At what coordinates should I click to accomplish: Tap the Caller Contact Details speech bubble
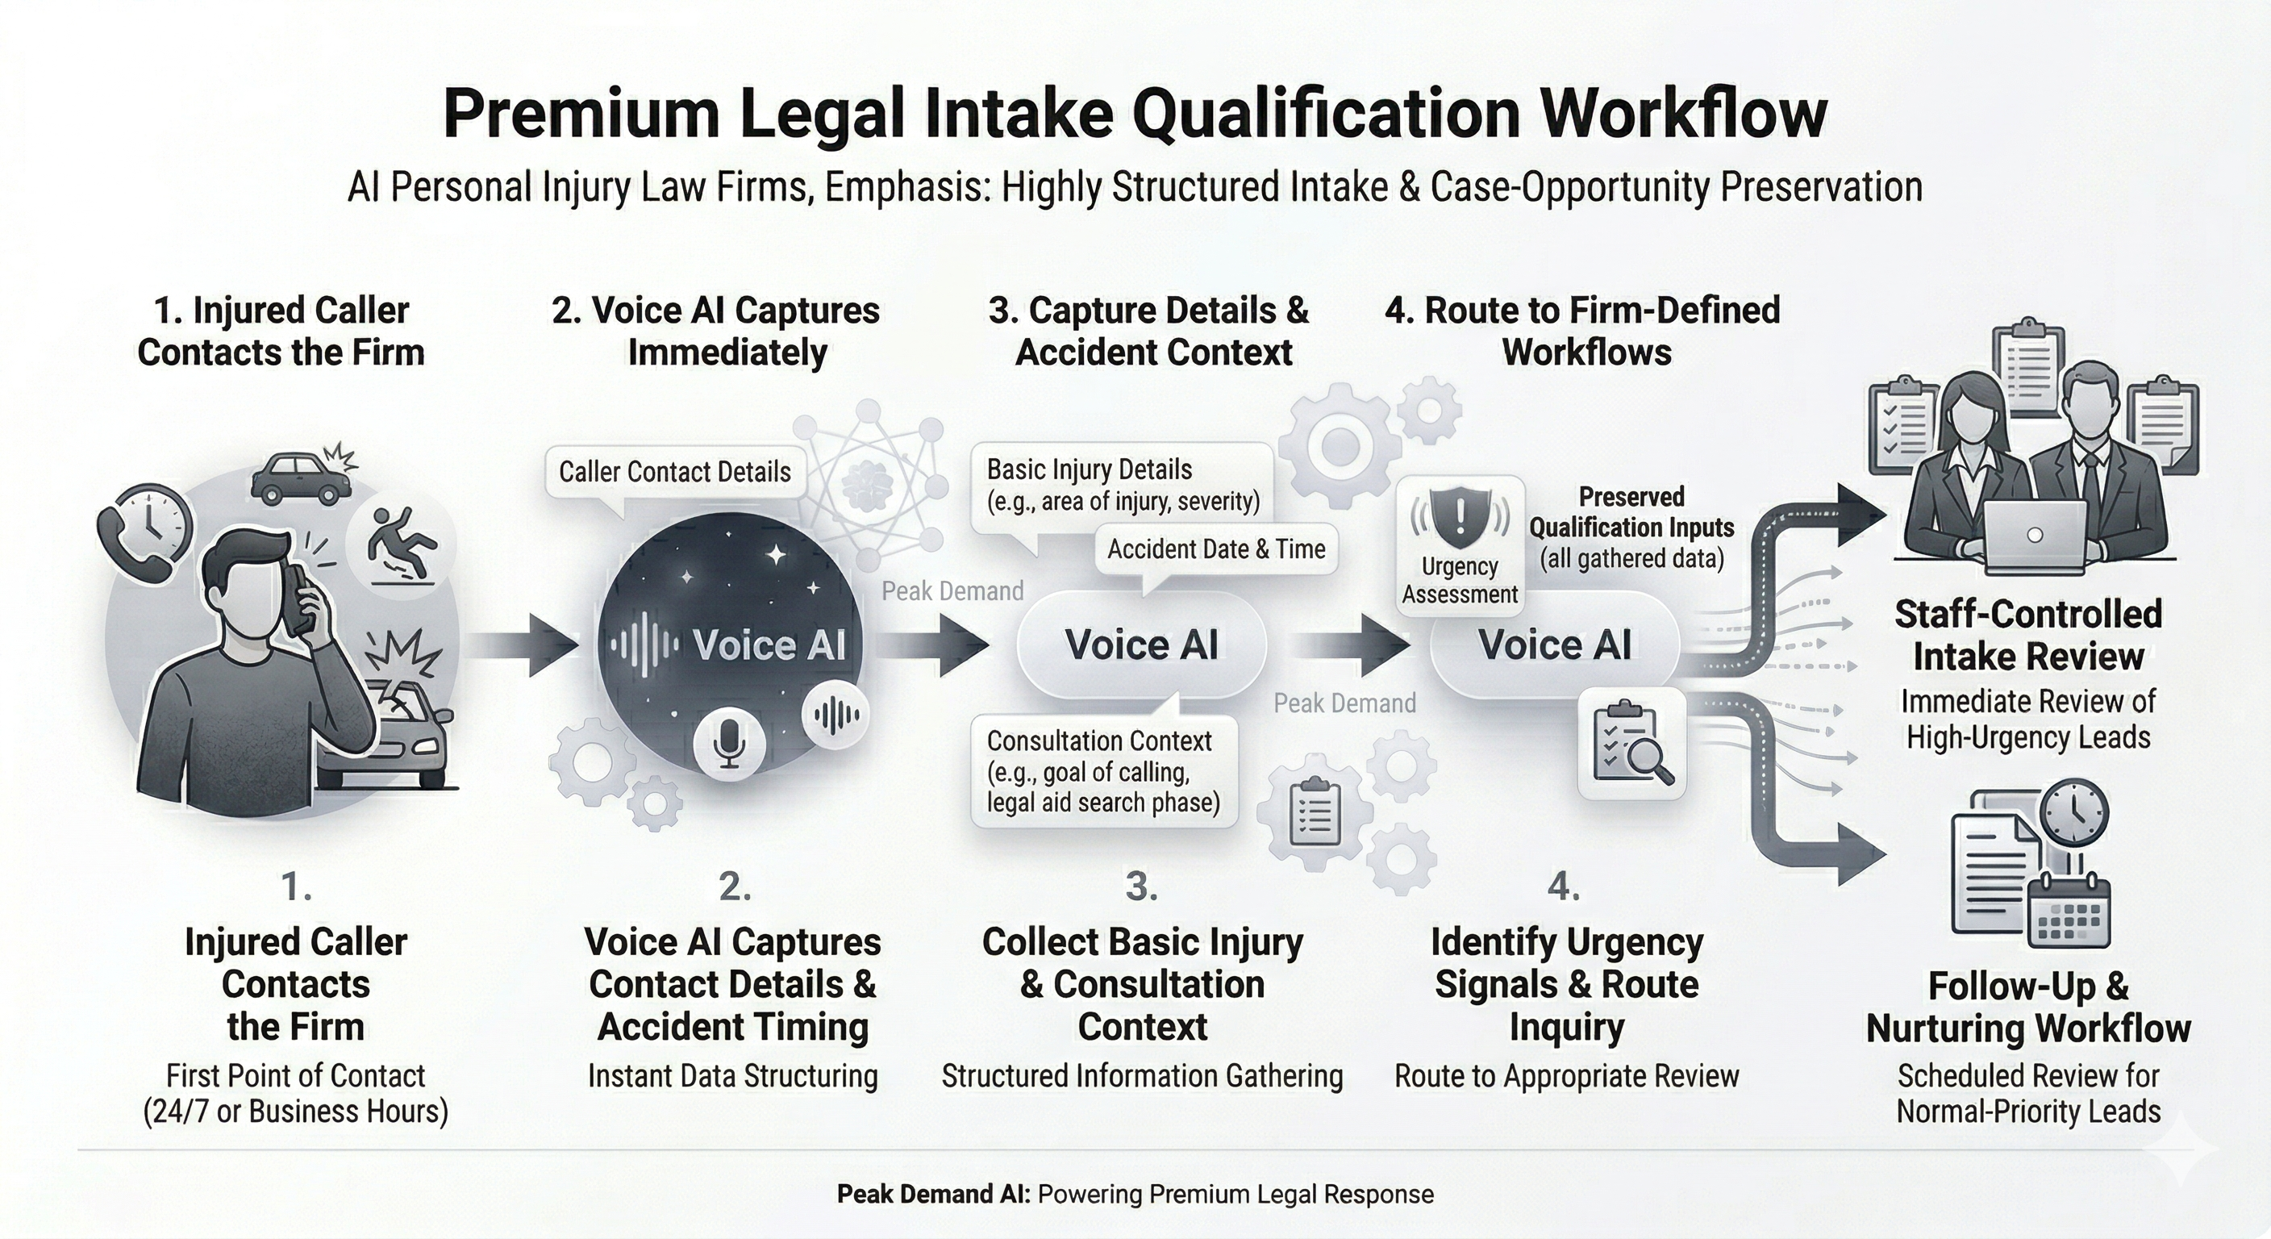pos(674,473)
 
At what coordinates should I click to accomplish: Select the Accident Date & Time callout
pos(1215,550)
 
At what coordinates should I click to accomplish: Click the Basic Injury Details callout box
pos(1123,486)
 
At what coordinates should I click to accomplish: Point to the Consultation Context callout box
pos(1103,772)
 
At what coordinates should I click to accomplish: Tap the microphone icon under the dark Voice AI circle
pos(728,740)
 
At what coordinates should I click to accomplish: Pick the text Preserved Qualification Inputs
pos(1631,512)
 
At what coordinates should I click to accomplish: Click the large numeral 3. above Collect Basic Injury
pos(1141,886)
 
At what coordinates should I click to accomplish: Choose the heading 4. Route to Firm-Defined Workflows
pos(1583,331)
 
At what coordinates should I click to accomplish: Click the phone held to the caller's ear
pos(302,599)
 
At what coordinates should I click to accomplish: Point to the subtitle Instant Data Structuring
pos(732,1076)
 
